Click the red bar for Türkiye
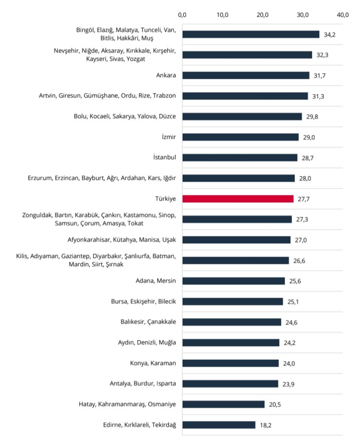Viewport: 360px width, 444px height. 238,199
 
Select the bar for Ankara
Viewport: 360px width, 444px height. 245,75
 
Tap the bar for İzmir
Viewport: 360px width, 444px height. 240,137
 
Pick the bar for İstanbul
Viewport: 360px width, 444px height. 240,157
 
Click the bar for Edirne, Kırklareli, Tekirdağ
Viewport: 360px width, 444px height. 219,424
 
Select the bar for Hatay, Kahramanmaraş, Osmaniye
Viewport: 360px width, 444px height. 223,404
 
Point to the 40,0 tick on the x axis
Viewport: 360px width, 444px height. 343,15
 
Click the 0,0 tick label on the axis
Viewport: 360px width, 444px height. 182,15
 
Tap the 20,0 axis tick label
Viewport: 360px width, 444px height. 263,15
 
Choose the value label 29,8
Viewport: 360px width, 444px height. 312,116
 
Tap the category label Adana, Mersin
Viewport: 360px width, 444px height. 156,281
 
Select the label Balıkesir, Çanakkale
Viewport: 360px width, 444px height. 145,322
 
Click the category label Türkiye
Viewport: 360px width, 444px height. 165,199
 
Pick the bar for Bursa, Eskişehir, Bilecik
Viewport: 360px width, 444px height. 232,301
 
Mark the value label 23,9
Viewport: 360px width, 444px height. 288,383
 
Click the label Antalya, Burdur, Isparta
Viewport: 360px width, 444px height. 143,383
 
